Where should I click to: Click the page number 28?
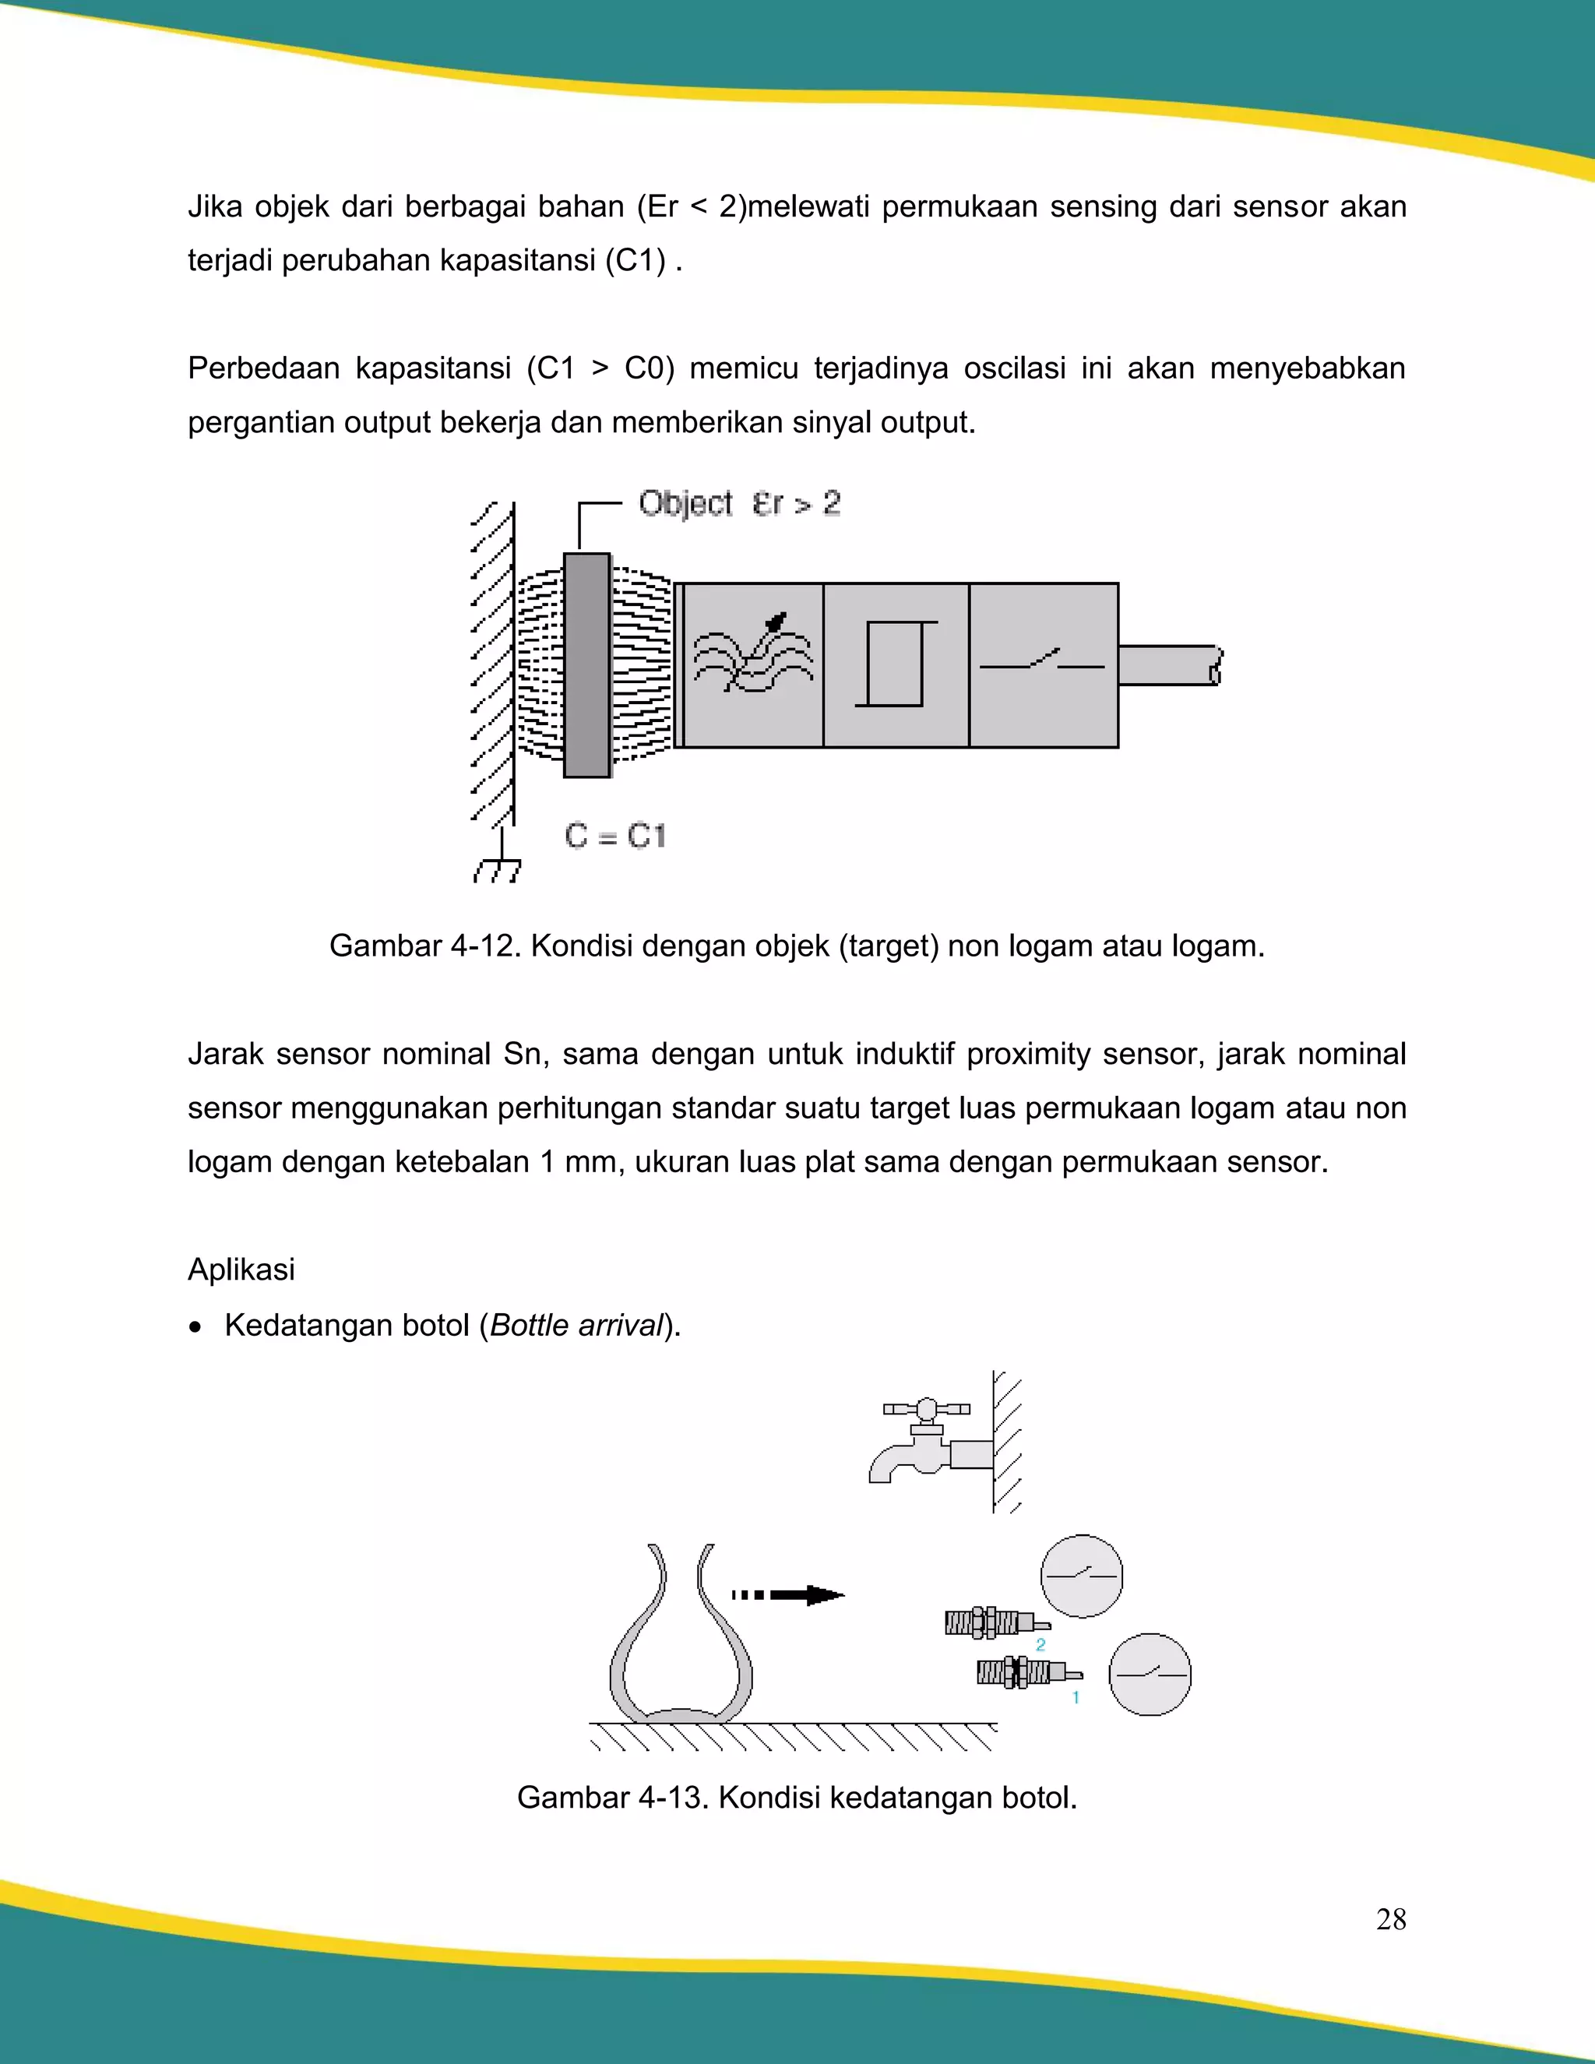pos(1390,1919)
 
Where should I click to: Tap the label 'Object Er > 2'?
pos(739,503)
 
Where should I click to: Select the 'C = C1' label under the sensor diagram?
pos(615,836)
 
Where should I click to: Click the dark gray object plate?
pos(586,665)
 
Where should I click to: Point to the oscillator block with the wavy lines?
pos(753,665)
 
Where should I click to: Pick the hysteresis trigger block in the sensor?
pos(896,665)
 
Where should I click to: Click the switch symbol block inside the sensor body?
pos(1043,665)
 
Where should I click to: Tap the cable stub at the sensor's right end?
pos(1169,665)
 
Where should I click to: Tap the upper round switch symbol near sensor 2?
pos(1081,1576)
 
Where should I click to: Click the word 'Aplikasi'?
pos(241,1270)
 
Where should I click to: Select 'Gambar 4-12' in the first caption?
pos(424,946)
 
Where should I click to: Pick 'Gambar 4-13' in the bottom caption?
pos(612,1797)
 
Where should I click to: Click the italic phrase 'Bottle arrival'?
pos(576,1325)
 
